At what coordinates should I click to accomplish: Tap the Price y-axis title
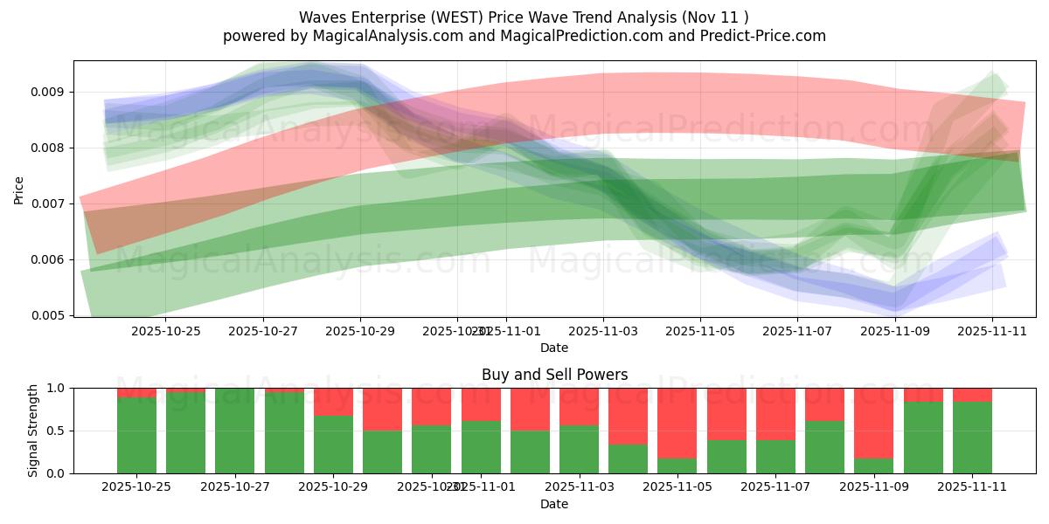click(x=18, y=189)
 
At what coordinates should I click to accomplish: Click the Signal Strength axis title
click(x=32, y=431)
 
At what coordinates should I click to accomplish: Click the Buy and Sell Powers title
click(x=554, y=375)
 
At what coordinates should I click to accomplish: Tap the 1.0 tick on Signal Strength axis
click(x=58, y=388)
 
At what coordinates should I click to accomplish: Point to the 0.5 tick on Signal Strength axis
click(x=58, y=431)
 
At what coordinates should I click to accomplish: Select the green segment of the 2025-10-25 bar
click(x=136, y=435)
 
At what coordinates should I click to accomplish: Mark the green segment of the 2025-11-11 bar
click(x=972, y=437)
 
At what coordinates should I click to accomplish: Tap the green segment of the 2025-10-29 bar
click(x=333, y=444)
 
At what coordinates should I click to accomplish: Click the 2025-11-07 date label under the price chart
click(x=796, y=331)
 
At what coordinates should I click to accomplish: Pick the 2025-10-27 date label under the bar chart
click(x=235, y=487)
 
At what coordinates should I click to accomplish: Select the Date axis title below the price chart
click(x=554, y=348)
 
